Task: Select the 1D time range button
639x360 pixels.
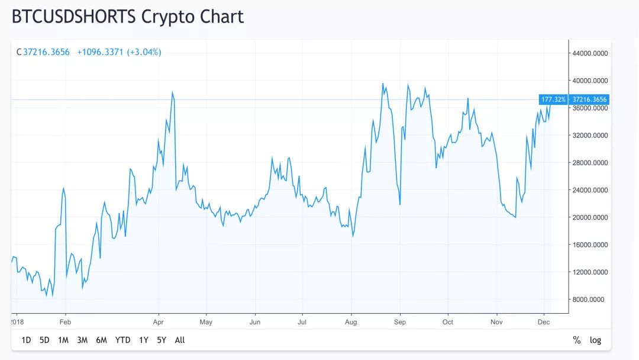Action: pyautogui.click(x=26, y=340)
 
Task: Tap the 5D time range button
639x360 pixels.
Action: pyautogui.click(x=44, y=340)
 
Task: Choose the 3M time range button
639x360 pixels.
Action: pyautogui.click(x=82, y=340)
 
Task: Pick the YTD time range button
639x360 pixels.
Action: pyautogui.click(x=122, y=340)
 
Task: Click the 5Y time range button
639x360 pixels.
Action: pyautogui.click(x=162, y=340)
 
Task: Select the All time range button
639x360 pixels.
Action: pyautogui.click(x=180, y=340)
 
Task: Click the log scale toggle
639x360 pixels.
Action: pyautogui.click(x=595, y=340)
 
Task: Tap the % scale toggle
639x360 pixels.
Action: pyautogui.click(x=577, y=340)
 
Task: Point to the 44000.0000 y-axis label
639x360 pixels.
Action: pyautogui.click(x=590, y=53)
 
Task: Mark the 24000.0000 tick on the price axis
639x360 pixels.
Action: pyautogui.click(x=590, y=190)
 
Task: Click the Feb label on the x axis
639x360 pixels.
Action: pyautogui.click(x=65, y=322)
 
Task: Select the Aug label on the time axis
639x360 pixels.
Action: pyautogui.click(x=351, y=322)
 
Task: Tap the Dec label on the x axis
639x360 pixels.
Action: pyautogui.click(x=544, y=322)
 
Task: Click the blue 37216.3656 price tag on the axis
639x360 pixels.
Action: pyautogui.click(x=589, y=99)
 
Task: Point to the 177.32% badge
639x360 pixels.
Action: pyautogui.click(x=553, y=99)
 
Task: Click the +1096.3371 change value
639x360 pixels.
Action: pyautogui.click(x=100, y=52)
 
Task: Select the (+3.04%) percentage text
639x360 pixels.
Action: pyautogui.click(x=144, y=52)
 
